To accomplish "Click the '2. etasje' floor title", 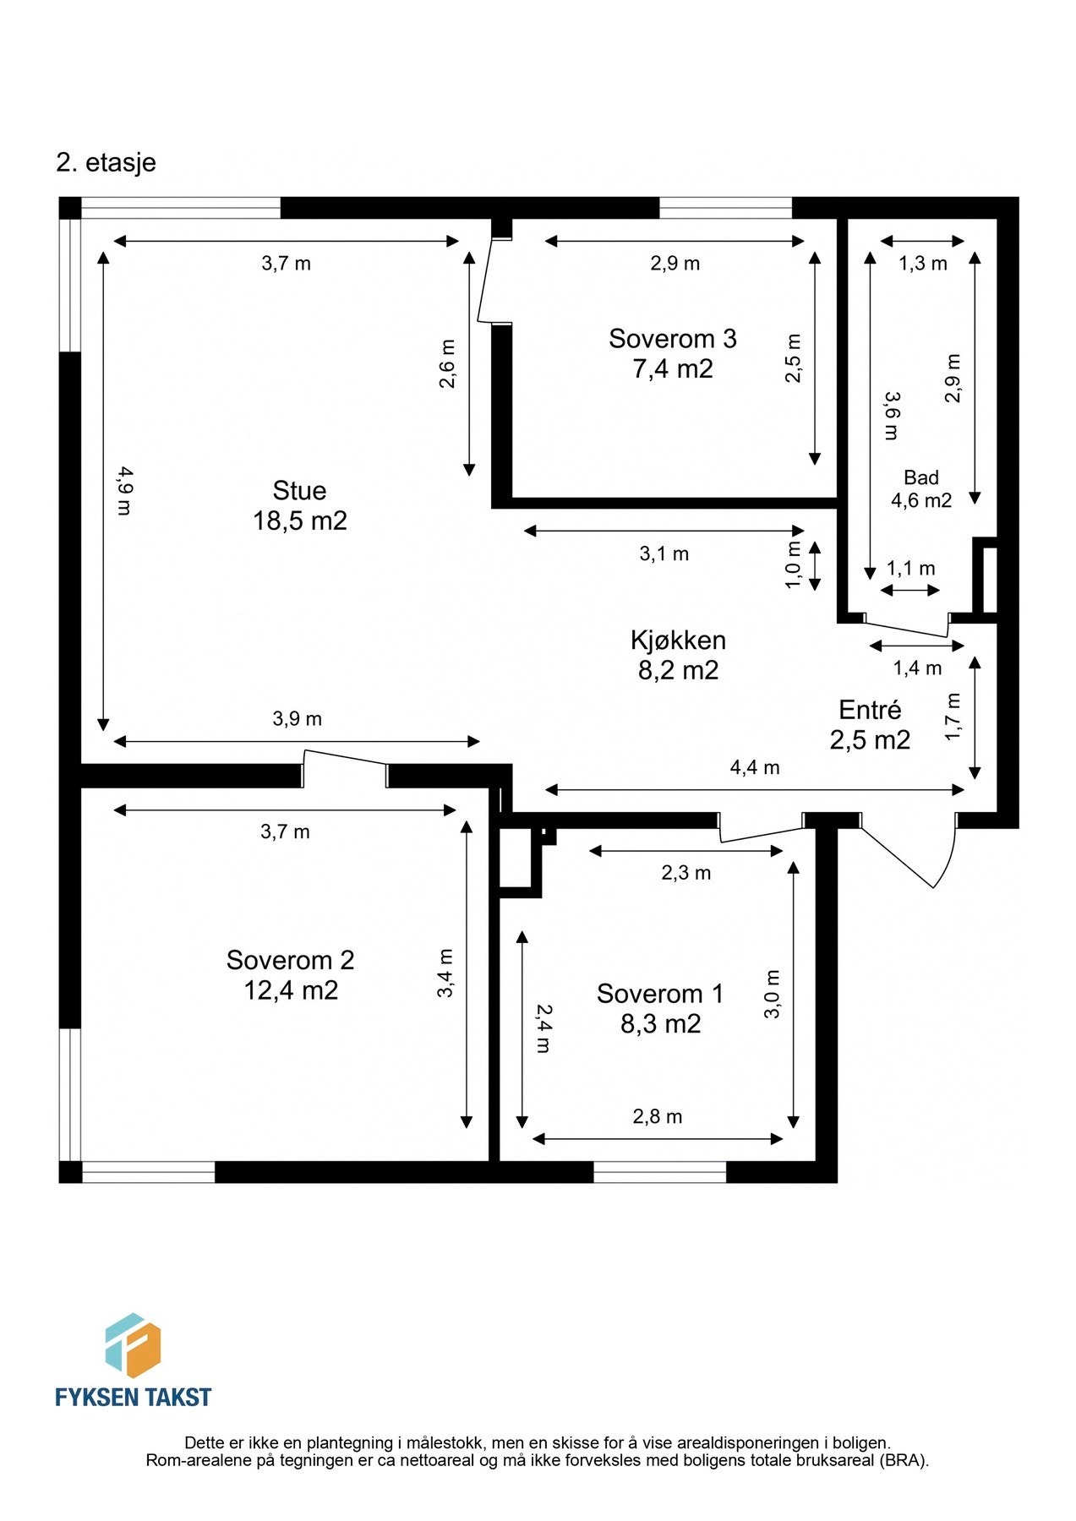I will coord(106,162).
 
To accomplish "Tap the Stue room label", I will coord(299,491).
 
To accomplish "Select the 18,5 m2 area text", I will coord(299,521).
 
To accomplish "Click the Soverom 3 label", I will coord(672,339).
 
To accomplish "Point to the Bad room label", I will coord(920,477).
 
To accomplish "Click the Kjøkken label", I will coord(678,641).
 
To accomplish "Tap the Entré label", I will coord(870,710).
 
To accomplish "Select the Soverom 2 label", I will coord(290,960).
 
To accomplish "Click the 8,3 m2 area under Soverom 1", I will coord(660,1024).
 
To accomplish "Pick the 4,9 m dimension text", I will coord(124,491).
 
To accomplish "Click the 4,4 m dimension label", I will coord(754,768).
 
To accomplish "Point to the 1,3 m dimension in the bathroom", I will coord(922,264).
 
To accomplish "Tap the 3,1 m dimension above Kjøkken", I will coord(664,554).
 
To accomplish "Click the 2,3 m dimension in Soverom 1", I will coord(685,873).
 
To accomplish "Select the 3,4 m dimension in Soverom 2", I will coord(445,973).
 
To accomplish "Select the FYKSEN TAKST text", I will coord(133,1398).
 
